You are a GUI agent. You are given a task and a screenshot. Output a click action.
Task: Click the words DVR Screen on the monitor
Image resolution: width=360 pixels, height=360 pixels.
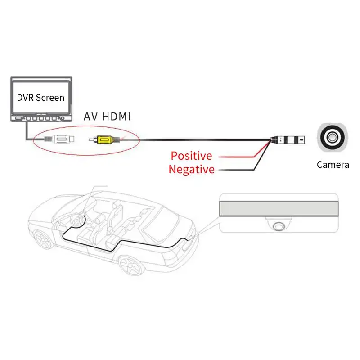click(40, 98)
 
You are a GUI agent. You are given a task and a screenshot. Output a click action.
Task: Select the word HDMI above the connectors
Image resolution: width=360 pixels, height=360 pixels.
click(117, 117)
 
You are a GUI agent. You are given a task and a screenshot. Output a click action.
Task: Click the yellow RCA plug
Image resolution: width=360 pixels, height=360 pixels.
click(104, 139)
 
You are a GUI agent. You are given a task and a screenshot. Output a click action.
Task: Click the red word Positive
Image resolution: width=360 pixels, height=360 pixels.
click(192, 156)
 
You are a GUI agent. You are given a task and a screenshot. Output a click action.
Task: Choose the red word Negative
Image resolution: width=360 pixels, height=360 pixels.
click(192, 170)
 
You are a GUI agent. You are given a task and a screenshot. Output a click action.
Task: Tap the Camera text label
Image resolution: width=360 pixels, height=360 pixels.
click(333, 165)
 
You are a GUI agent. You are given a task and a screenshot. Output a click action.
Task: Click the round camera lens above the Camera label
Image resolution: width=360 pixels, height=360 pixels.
click(332, 137)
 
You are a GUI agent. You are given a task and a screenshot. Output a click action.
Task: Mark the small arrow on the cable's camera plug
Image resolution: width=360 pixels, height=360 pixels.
click(301, 140)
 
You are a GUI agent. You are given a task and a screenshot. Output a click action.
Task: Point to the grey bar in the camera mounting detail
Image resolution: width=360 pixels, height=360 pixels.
click(279, 208)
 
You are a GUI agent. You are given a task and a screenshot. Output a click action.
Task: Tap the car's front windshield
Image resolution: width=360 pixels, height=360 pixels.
click(69, 208)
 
